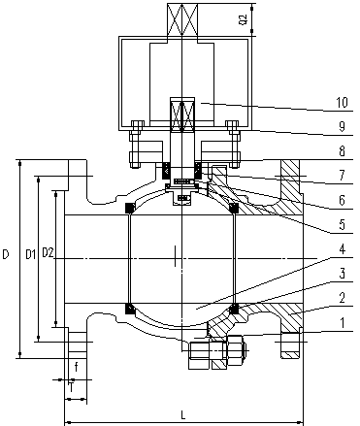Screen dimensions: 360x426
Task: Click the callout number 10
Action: pyautogui.click(x=342, y=103)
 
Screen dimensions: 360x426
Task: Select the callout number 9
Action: pyautogui.click(x=342, y=126)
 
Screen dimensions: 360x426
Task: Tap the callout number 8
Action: pyautogui.click(x=342, y=151)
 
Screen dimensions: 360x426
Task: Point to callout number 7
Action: pyautogui.click(x=342, y=176)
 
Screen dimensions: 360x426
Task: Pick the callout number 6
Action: pyautogui.click(x=342, y=200)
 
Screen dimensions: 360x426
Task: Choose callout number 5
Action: pyautogui.click(x=342, y=224)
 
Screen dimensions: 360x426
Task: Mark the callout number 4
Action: pyautogui.click(x=342, y=249)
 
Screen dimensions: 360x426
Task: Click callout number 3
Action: pyautogui.click(x=342, y=274)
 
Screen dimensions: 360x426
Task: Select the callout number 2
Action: pyautogui.click(x=342, y=298)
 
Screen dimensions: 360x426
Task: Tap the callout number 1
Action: pyautogui.click(x=343, y=322)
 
